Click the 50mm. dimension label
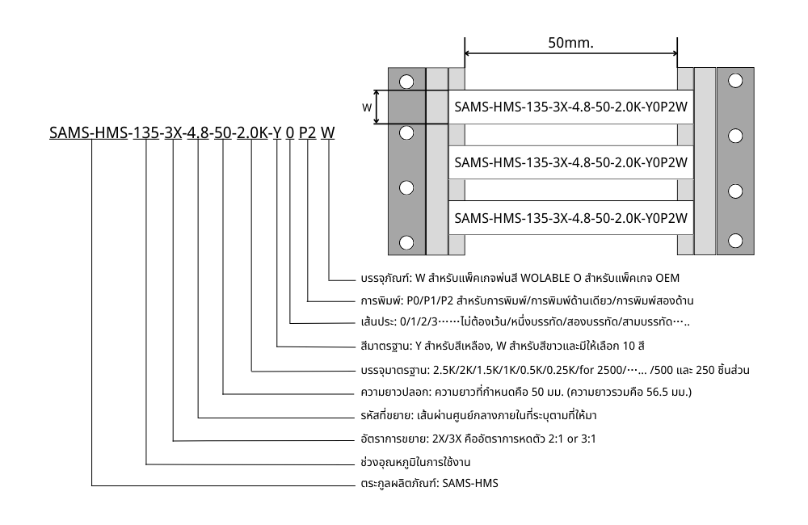tap(570, 43)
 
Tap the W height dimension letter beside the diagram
tap(367, 107)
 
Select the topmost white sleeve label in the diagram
tap(570, 107)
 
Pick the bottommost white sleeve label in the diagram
tap(570, 218)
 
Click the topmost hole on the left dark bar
tap(406, 81)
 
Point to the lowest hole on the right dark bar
tap(735, 240)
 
